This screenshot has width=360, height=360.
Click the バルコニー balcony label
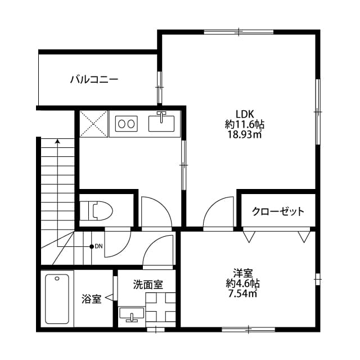(x=94, y=79)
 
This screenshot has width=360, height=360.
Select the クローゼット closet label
(x=278, y=211)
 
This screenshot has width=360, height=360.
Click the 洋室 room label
(x=244, y=272)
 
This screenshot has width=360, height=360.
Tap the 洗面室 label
(x=148, y=285)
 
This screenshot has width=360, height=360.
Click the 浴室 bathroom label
(x=91, y=299)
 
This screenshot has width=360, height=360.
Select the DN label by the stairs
(x=98, y=246)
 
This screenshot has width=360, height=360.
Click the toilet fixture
(x=96, y=211)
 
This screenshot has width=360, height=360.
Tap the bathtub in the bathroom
(x=58, y=298)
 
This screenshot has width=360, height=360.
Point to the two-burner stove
(x=127, y=123)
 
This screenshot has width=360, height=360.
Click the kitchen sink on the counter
(x=161, y=121)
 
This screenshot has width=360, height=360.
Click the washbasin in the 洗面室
(x=132, y=314)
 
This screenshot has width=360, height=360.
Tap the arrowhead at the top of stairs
(x=57, y=142)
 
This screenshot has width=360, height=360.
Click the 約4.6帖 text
(x=244, y=283)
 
